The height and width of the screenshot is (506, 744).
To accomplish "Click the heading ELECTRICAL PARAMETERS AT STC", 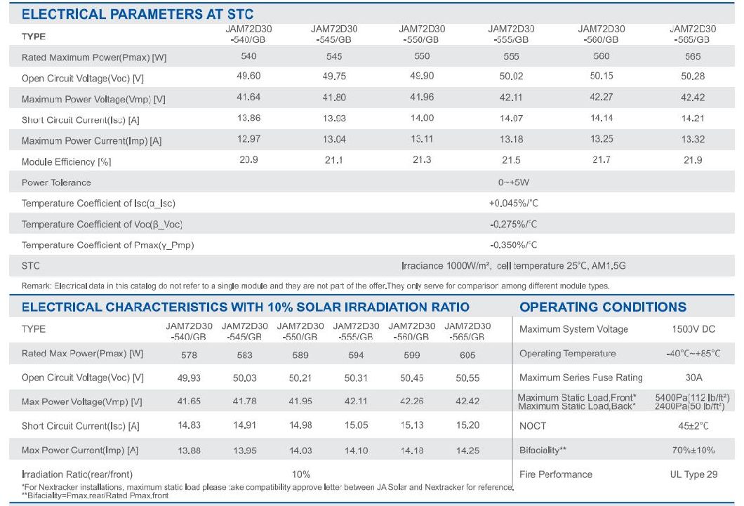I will coord(138,14).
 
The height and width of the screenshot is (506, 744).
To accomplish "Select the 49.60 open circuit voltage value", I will coord(244,76).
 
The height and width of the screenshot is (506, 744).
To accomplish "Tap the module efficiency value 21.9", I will coord(693,161).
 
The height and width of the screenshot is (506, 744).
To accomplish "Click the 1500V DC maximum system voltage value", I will coord(693,329).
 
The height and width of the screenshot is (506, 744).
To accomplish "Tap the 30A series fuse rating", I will coord(693,378).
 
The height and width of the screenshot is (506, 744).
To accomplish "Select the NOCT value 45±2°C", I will coord(693,426).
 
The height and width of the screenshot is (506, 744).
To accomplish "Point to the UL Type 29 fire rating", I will coord(693,474).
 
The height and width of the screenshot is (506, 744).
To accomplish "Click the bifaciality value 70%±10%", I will coord(693,450).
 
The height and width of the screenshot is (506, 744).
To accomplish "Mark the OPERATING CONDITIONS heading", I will coord(603,307).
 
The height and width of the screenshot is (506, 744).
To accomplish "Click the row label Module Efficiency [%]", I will coord(67,162).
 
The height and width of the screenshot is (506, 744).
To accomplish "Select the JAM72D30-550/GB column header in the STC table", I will coord(422,34).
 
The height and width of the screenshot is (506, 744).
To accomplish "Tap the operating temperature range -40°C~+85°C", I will coord(693,354).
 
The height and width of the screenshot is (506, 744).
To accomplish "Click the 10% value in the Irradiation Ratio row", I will coord(300,474).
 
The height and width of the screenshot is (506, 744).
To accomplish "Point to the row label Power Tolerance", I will coord(56,182).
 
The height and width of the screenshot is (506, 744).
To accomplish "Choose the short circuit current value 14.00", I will coord(422,119).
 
